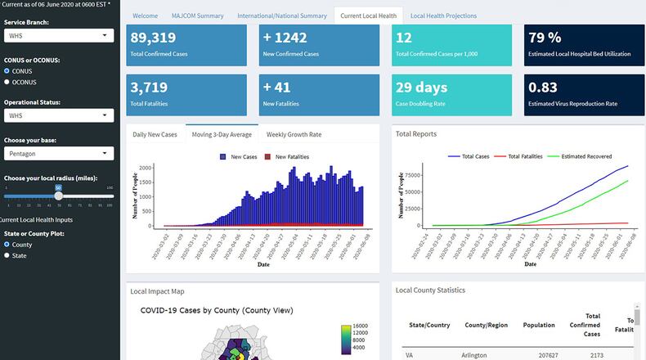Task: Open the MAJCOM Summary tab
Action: click(x=197, y=16)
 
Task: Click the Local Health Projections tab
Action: click(x=443, y=16)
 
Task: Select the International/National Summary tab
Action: click(x=281, y=16)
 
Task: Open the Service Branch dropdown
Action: click(x=59, y=36)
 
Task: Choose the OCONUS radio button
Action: click(x=8, y=82)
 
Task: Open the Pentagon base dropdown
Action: click(x=59, y=154)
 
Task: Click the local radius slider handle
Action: click(x=58, y=196)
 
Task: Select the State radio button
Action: click(x=8, y=255)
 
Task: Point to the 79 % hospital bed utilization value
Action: click(x=545, y=38)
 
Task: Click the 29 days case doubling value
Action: click(x=421, y=87)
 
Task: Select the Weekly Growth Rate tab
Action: click(x=294, y=134)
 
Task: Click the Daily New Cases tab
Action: click(x=155, y=134)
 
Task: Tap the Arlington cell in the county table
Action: click(x=474, y=355)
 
